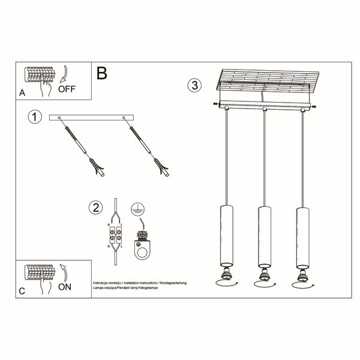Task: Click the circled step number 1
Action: (35, 117)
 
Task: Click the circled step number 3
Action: (193, 86)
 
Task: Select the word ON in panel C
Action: (65, 287)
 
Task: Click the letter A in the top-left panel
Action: (22, 93)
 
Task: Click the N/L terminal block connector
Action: (115, 233)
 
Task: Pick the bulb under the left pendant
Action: (226, 275)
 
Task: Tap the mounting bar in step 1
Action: (91, 116)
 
